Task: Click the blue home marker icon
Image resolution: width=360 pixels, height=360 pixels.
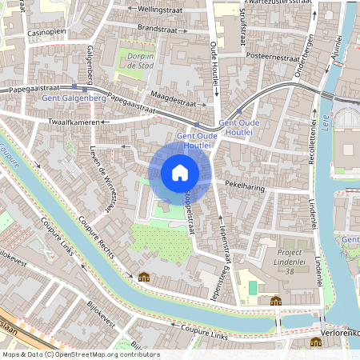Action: [180, 173]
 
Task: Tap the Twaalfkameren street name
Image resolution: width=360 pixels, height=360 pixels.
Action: [73, 121]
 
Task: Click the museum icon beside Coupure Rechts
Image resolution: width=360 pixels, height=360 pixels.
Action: [144, 278]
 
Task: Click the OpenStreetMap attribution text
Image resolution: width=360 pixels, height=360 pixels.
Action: [80, 354]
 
